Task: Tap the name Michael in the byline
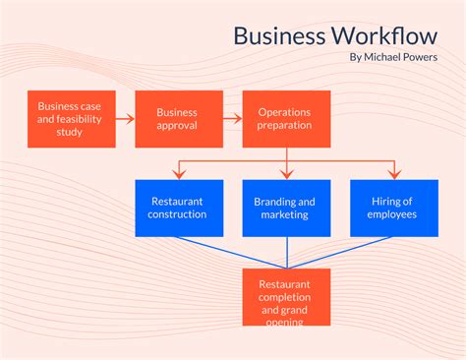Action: [x=382, y=57]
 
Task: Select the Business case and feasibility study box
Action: [x=71, y=119]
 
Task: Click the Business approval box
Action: [x=178, y=119]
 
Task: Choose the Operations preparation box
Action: [x=286, y=119]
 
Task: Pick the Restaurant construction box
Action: [x=178, y=208]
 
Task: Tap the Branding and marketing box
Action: [x=286, y=208]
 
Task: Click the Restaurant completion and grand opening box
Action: [x=286, y=297]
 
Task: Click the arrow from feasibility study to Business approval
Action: [x=125, y=119]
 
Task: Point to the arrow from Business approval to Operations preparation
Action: [x=232, y=119]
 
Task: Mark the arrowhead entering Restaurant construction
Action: [x=178, y=175]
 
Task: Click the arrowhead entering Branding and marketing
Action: [x=286, y=175]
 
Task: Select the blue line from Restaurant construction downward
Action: [x=232, y=253]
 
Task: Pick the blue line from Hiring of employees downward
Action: [x=340, y=253]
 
